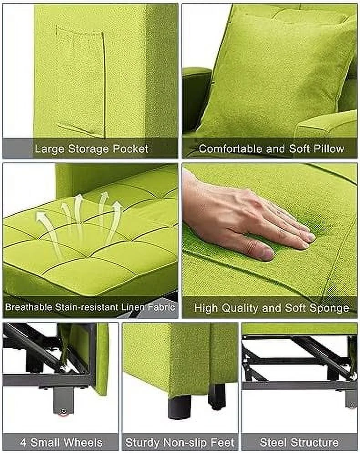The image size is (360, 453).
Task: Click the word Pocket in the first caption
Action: click(130, 149)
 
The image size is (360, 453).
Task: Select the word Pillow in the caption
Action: click(329, 149)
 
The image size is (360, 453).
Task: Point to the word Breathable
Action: click(29, 307)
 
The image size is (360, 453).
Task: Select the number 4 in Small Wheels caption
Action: click(24, 443)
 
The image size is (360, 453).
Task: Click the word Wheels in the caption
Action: click(83, 443)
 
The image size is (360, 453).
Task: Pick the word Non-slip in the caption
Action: click(185, 443)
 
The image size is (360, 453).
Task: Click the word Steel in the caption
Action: click(273, 443)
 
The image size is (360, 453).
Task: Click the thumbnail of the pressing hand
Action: click(270, 240)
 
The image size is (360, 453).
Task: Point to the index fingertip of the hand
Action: click(311, 237)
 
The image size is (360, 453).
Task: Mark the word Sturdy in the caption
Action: click(143, 443)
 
